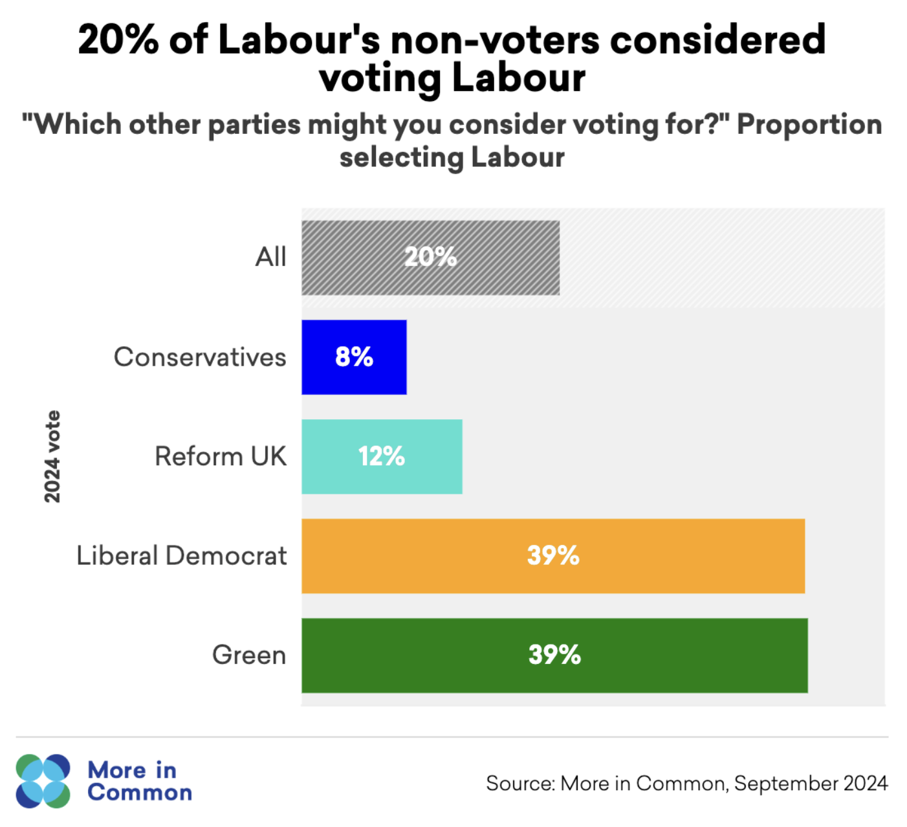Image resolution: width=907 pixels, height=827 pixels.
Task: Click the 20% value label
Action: click(x=430, y=258)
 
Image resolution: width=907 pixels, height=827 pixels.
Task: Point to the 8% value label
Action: click(x=354, y=357)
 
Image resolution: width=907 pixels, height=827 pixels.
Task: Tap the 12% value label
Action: click(x=382, y=456)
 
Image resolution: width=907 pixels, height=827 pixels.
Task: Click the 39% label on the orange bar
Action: click(x=553, y=556)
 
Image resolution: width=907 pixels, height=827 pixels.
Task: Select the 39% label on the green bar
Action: click(x=554, y=656)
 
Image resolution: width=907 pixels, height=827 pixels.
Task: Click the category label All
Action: click(x=270, y=258)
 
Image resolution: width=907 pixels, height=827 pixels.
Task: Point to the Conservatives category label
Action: click(x=200, y=357)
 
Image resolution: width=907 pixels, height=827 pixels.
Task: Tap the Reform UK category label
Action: click(x=220, y=456)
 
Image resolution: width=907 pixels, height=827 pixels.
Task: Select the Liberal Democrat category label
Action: click(x=181, y=556)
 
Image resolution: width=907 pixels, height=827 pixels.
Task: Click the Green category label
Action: click(x=249, y=656)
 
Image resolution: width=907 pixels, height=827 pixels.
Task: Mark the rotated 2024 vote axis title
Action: click(x=52, y=456)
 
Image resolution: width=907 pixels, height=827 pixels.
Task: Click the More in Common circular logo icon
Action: click(x=43, y=781)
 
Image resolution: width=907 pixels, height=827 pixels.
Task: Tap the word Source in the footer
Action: click(x=519, y=784)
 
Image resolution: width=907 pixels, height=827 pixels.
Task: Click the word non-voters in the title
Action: click(x=495, y=40)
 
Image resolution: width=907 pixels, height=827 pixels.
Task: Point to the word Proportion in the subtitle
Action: click(x=809, y=124)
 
